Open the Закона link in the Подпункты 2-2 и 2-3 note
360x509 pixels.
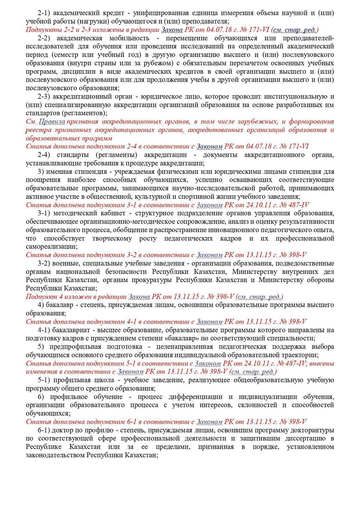tap(172, 30)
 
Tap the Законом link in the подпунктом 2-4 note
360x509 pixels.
tap(209, 147)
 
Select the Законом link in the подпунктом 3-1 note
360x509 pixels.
tap(209, 205)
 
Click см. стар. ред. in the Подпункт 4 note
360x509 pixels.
tap(259, 297)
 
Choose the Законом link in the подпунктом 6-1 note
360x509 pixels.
tap(209, 422)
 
